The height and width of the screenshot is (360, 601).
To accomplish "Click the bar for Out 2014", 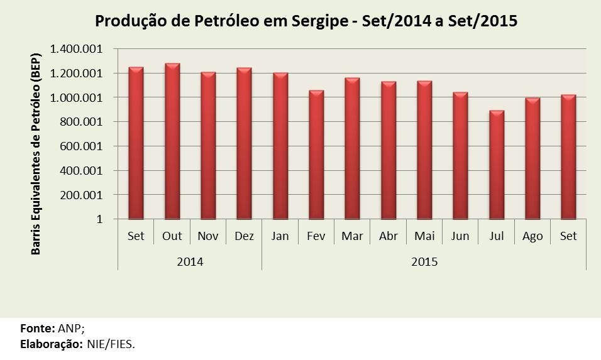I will pos(172,141).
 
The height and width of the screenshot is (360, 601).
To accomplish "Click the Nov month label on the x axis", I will pos(208,237).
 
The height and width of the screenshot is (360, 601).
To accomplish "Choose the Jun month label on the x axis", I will pos(460,237).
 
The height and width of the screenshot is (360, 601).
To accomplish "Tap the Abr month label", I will pos(388,237).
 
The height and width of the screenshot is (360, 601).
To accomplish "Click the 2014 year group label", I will pos(190,261).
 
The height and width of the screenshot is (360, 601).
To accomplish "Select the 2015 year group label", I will pos(424,261).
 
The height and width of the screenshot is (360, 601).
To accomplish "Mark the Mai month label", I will pos(424,237).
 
